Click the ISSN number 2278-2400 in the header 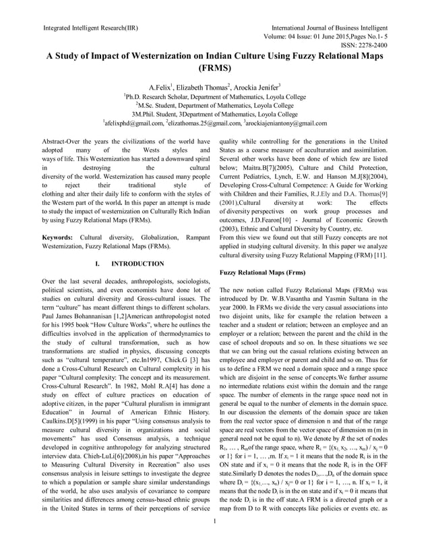(373, 45)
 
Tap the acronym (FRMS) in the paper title (214, 68)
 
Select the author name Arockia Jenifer (256, 88)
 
